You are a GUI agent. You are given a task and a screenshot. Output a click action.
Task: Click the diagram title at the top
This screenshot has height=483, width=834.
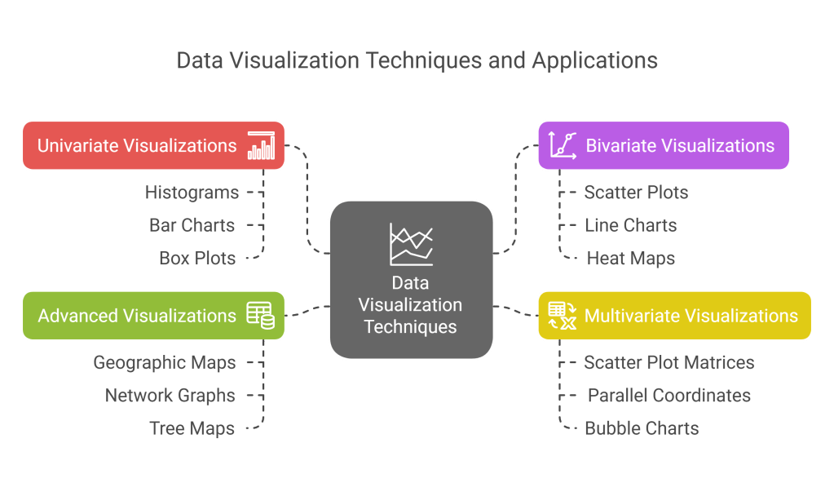[x=417, y=60]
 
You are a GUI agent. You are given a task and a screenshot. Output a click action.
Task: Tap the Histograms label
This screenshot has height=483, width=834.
[x=192, y=193]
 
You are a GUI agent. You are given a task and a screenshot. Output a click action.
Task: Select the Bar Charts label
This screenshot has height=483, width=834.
[x=192, y=225]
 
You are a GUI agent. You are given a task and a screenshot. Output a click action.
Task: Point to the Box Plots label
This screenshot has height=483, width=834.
[x=197, y=259]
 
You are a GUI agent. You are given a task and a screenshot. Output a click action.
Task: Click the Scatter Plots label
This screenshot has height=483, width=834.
[x=636, y=193]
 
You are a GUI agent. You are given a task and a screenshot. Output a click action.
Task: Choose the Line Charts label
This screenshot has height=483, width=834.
[x=630, y=225]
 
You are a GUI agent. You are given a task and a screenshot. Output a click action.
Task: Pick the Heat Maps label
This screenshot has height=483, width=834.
[x=631, y=259]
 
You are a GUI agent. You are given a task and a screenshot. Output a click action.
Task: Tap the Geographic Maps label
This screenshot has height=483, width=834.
[x=165, y=362]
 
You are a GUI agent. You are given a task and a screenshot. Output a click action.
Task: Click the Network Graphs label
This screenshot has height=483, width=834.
[x=170, y=396]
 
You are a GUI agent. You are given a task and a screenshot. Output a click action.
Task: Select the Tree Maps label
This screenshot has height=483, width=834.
[x=192, y=428]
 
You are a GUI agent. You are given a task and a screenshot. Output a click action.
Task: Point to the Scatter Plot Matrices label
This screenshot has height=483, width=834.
[x=669, y=362]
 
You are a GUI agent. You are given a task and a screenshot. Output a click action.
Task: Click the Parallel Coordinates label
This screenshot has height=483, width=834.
[x=669, y=396]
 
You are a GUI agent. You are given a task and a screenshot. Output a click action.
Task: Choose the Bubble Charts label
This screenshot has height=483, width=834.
[x=642, y=428]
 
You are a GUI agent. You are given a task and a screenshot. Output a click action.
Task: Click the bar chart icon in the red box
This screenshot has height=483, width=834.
[x=262, y=145]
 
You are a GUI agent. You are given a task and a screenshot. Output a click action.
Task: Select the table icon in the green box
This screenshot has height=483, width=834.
[x=261, y=315]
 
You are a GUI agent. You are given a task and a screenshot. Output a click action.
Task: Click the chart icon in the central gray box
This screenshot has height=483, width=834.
[x=411, y=244]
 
